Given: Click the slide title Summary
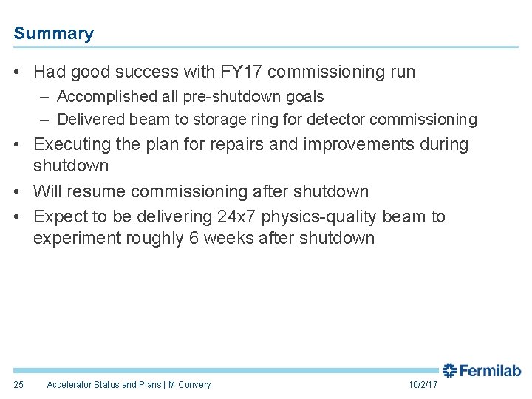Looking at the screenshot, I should pos(53,33).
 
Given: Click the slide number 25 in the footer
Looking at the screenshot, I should pos(18,385).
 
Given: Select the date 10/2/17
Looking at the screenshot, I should pos(423,385).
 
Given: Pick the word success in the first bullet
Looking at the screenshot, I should pos(151,72).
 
